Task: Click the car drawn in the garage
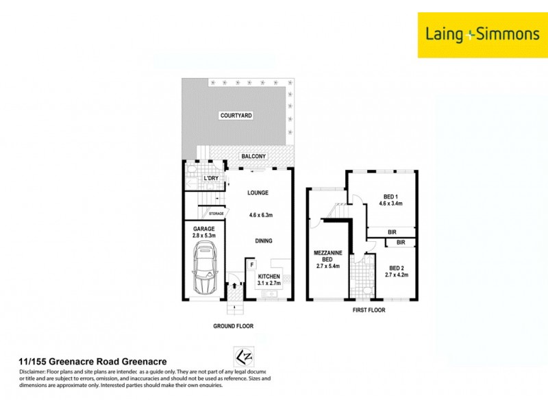203,267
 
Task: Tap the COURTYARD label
236,116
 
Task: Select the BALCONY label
253,156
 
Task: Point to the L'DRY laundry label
211,179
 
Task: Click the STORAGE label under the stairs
216,214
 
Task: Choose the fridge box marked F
252,264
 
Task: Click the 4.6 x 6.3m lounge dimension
262,216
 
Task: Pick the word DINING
262,240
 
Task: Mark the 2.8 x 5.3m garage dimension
203,236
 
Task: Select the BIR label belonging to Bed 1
392,232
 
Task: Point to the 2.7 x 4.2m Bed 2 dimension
398,276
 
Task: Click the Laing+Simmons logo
479,34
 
